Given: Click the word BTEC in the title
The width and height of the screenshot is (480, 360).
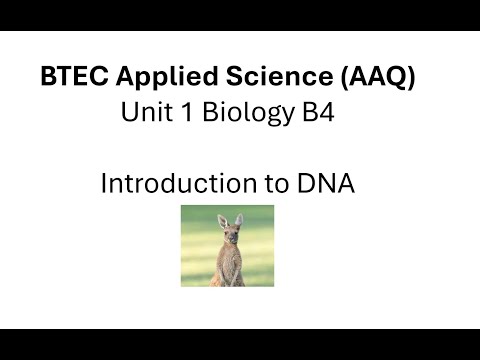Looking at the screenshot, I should point(68,76).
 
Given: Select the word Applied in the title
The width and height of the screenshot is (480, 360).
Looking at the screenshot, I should point(149,76).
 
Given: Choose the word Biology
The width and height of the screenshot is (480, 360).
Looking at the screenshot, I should point(239,114).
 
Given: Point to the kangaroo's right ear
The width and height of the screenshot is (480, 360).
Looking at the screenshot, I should point(241,219).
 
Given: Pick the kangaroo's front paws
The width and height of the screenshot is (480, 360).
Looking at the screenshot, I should point(229,265).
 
